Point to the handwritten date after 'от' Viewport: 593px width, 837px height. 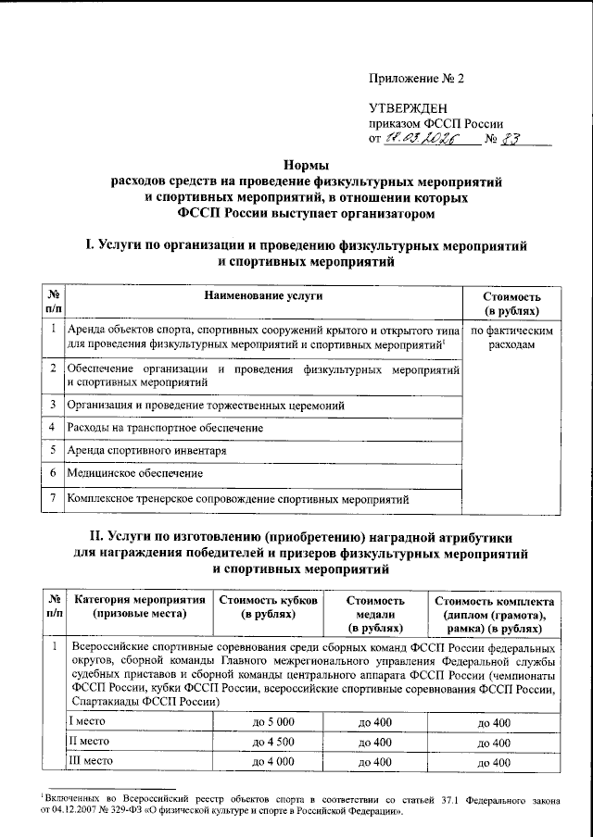coord(420,140)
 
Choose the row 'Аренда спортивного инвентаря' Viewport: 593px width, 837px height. coord(147,451)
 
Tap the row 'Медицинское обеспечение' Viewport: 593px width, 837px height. coord(135,473)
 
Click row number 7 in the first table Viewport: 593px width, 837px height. coord(55,500)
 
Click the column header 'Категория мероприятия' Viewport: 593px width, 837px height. coord(139,600)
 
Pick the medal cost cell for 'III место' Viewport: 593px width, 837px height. coord(375,762)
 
